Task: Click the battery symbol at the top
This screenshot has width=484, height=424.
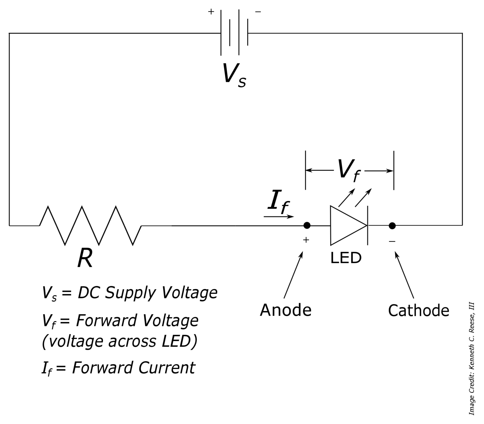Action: pos(234,33)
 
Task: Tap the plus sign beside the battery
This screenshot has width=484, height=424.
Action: pos(211,12)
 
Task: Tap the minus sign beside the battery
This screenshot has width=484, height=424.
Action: pos(258,12)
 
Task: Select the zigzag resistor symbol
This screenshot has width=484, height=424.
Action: pos(90,225)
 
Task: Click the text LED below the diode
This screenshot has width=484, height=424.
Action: pos(346,258)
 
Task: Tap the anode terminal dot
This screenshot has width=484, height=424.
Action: pos(307,225)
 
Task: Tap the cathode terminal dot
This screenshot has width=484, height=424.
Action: pos(392,225)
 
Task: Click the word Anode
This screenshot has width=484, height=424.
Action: pos(285,310)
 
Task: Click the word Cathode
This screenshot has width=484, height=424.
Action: pos(418,310)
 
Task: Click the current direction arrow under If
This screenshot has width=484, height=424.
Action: pos(279,217)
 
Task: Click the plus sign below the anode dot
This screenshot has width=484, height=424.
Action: pos(306,240)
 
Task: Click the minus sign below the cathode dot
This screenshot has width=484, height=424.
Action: pos(392,241)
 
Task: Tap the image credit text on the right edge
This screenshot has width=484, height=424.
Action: pos(472,359)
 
